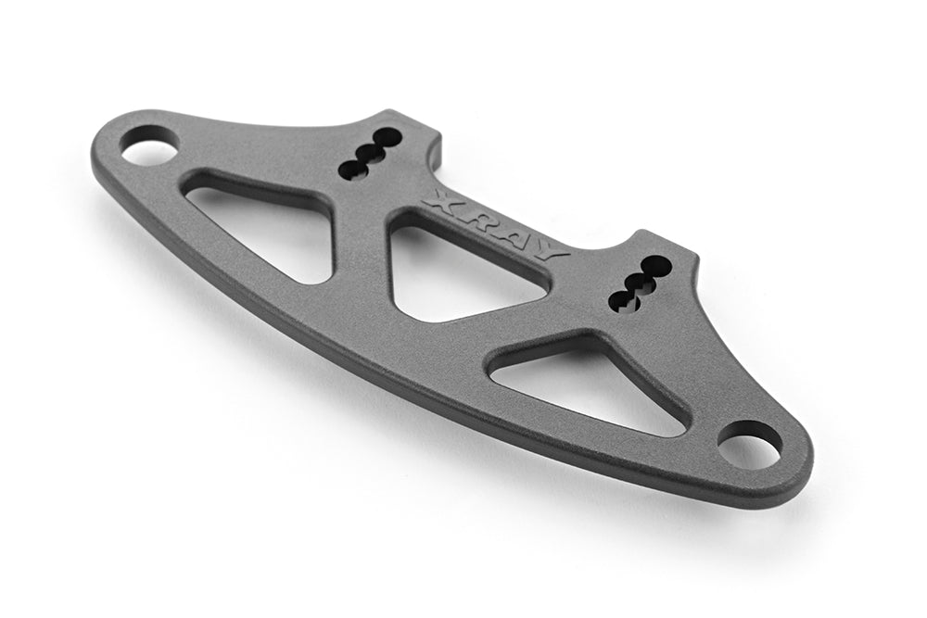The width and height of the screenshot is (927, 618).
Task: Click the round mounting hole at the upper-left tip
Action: (x=148, y=148)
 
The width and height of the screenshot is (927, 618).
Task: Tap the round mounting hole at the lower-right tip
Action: (x=749, y=446)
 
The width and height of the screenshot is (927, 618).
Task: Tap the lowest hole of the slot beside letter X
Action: (x=353, y=169)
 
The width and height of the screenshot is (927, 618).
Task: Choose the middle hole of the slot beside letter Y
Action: (x=639, y=282)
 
